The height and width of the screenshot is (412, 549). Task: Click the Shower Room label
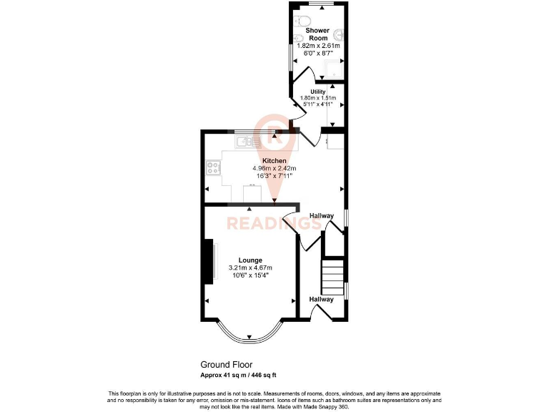[317, 34]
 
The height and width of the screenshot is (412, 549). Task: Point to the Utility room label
[318, 92]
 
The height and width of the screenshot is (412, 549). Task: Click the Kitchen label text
[274, 160]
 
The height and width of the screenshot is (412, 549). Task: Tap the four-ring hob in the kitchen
[213, 169]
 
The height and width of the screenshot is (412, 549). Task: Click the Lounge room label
[250, 260]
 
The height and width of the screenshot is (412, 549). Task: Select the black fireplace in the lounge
[209, 262]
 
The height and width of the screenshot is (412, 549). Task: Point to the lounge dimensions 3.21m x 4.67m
[250, 268]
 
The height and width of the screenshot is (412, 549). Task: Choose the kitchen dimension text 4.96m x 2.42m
[274, 168]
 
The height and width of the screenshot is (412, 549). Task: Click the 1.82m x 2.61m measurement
[318, 46]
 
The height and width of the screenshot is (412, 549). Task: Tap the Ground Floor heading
[226, 365]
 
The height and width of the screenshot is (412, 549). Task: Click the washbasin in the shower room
[340, 35]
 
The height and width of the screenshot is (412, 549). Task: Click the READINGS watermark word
[274, 222]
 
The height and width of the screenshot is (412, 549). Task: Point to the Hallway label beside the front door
[321, 299]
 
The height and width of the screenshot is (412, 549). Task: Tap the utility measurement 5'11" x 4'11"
[318, 104]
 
